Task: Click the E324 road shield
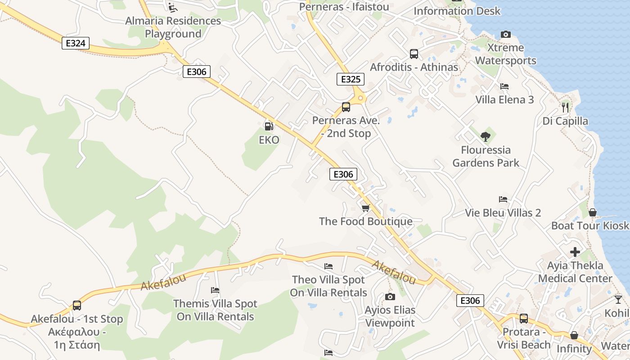(x=76, y=43)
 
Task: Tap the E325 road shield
(x=351, y=80)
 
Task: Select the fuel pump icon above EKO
(x=269, y=127)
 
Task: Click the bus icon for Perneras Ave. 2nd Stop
(x=346, y=107)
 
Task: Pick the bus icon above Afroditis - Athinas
(x=414, y=54)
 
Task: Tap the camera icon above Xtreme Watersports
(x=506, y=35)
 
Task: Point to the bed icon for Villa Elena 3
(x=504, y=86)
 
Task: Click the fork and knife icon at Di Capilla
(x=565, y=107)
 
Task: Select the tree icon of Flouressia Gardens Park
(x=485, y=136)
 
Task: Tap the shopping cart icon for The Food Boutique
(x=365, y=208)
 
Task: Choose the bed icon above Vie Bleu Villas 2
(x=503, y=199)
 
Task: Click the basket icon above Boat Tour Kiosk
(x=593, y=212)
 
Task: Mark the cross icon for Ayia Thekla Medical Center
(x=575, y=252)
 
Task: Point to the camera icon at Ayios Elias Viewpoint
(x=390, y=297)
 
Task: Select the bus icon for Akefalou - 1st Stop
(x=77, y=306)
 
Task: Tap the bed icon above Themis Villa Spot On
(x=215, y=290)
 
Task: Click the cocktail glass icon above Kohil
(x=618, y=299)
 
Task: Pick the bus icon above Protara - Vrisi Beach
(x=523, y=319)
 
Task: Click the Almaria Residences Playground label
(x=173, y=27)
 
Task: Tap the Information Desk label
(x=457, y=11)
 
